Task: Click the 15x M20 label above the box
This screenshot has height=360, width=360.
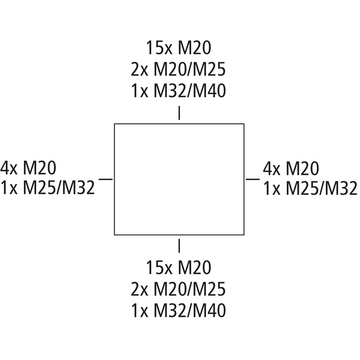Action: click(179, 48)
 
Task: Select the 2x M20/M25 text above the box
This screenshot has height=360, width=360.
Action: click(178, 70)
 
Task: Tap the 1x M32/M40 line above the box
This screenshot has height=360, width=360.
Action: click(178, 91)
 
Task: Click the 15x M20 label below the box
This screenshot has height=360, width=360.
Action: click(179, 267)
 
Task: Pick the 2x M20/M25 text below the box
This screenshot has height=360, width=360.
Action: click(178, 289)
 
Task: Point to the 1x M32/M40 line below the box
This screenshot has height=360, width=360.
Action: click(178, 310)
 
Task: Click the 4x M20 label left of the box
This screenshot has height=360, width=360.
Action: click(28, 168)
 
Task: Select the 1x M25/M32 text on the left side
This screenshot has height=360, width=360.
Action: click(48, 188)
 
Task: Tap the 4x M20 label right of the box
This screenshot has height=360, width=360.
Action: click(291, 168)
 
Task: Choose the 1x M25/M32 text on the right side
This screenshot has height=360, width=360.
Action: click(310, 188)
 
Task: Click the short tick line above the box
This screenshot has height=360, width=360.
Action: click(179, 113)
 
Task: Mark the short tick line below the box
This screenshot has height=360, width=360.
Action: click(179, 246)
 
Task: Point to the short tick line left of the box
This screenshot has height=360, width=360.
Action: click(106, 179)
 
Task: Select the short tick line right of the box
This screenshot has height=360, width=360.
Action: click(253, 179)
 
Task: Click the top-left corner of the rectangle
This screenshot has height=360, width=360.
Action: click(115, 124)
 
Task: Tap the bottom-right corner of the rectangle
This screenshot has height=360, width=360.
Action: click(244, 235)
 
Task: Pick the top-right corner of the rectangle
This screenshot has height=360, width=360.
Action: click(244, 124)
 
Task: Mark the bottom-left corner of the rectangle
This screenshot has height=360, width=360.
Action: click(115, 235)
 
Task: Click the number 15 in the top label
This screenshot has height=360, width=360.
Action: click(154, 48)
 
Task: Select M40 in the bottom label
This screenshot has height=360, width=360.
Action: click(209, 310)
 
